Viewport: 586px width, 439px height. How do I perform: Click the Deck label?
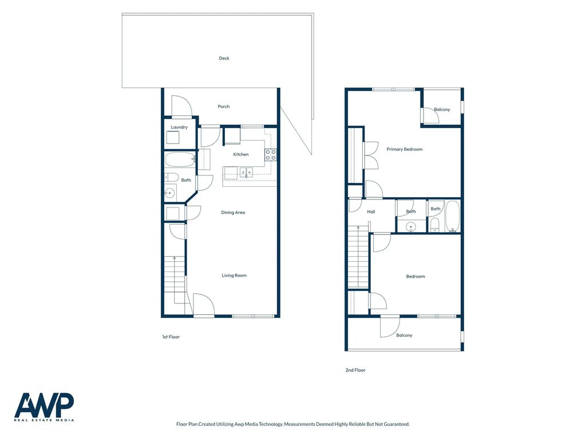tap(224, 58)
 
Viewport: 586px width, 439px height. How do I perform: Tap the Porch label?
tap(224, 106)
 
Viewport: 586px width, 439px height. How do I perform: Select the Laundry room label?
tap(179, 127)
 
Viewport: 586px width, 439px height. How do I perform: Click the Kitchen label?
tap(241, 154)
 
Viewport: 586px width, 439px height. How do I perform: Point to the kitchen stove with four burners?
tap(271, 155)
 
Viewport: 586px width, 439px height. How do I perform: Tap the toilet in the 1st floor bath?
tap(171, 177)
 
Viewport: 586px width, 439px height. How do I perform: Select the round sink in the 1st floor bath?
tap(169, 193)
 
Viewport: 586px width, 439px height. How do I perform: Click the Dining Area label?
tap(233, 213)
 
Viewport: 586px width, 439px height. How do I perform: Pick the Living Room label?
tap(234, 276)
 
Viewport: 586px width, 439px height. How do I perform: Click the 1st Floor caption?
tap(171, 337)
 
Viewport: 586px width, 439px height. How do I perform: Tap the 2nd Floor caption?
tap(355, 370)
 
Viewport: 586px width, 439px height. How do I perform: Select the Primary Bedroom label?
tap(405, 149)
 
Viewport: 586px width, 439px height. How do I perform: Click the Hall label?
tap(371, 211)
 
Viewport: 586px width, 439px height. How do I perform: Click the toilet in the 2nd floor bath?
tap(435, 225)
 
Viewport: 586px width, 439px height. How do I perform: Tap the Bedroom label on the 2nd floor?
tap(415, 277)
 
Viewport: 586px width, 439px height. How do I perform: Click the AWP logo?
tap(44, 407)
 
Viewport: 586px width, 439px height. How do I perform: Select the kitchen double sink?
tap(246, 173)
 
